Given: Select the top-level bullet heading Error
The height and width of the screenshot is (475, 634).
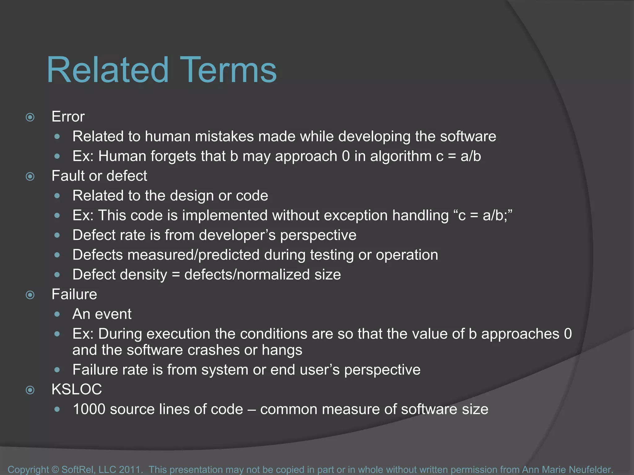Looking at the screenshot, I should coord(68,117).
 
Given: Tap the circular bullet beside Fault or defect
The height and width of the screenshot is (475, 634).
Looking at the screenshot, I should coord(30,177).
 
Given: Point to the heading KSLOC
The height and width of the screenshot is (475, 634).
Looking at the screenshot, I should coord(76,389).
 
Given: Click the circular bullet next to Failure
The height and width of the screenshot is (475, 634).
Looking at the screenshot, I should coord(30,295).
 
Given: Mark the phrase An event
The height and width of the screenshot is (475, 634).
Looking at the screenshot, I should coord(102,314).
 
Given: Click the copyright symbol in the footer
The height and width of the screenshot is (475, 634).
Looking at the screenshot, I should coord(55,469).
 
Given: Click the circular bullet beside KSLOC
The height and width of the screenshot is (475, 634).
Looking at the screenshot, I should coord(30,390).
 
